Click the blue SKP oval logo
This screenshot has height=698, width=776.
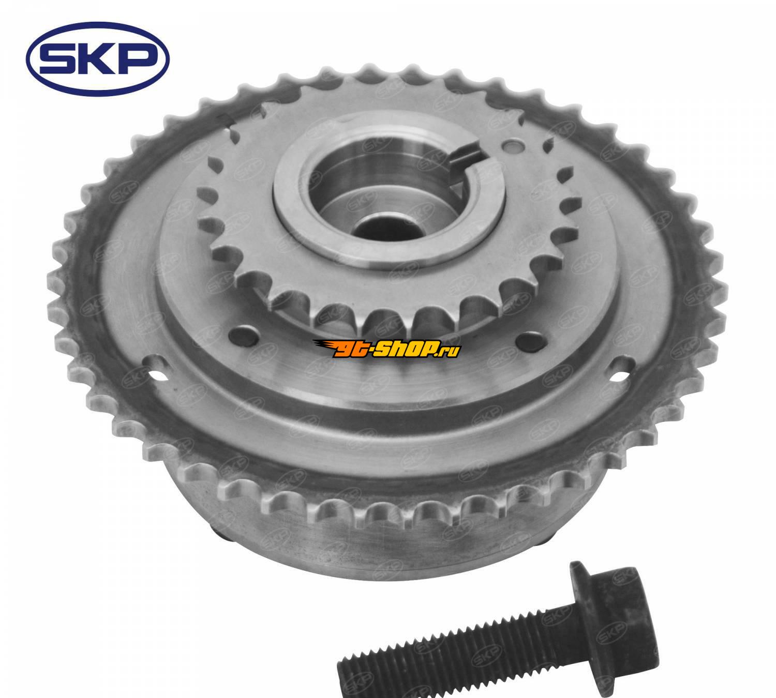[x=97, y=59]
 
